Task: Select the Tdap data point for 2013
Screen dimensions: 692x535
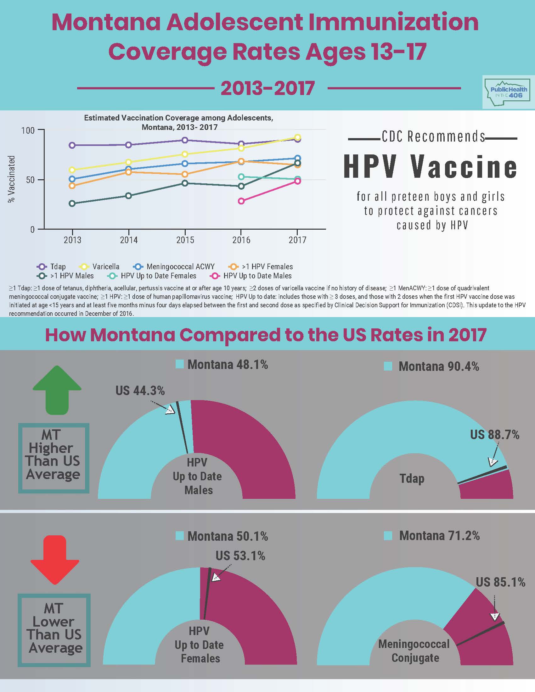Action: pos(72,145)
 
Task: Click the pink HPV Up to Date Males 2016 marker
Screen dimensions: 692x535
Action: pos(241,201)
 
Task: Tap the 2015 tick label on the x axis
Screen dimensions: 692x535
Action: pos(185,240)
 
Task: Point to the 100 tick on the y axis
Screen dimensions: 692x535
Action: pos(28,130)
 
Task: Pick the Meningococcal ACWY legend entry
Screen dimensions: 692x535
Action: pos(174,266)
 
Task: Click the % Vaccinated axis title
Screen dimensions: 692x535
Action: pos(11,179)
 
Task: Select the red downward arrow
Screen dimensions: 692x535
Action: pos(55,560)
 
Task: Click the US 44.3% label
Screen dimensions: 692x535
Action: pos(140,391)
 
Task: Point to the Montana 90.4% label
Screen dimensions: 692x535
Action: pos(439,366)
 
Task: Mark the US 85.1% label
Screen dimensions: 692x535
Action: pos(500,582)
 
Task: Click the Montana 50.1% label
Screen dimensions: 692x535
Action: pos(228,536)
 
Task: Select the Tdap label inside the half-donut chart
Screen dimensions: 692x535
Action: pos(412,478)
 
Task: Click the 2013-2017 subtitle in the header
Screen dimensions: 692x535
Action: pos(267,88)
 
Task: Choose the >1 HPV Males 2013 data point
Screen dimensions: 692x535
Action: pos(72,204)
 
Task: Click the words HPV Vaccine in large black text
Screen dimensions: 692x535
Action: pos(431,167)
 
